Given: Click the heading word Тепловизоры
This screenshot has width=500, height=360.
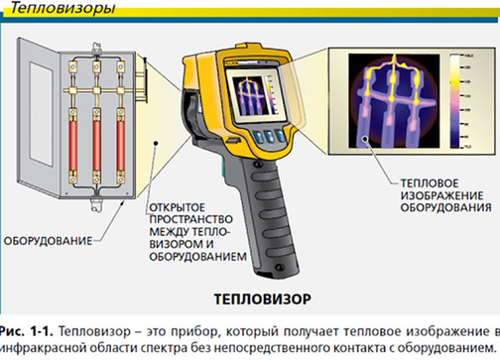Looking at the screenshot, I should pyautogui.click(x=48, y=10).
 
